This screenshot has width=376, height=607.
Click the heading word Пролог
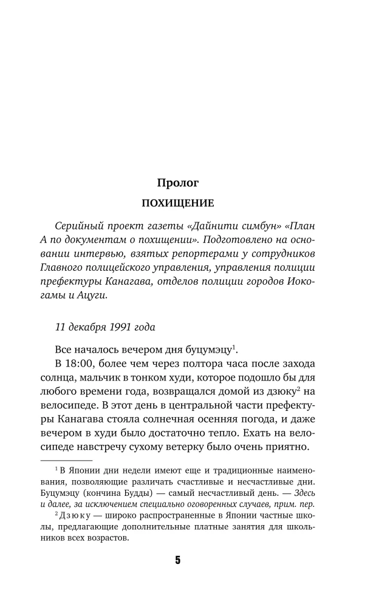tap(178, 181)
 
